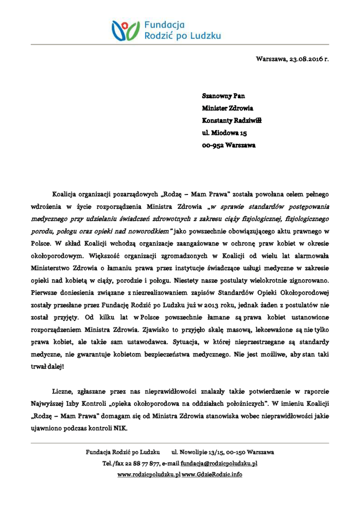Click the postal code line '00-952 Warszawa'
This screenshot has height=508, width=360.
(228, 146)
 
